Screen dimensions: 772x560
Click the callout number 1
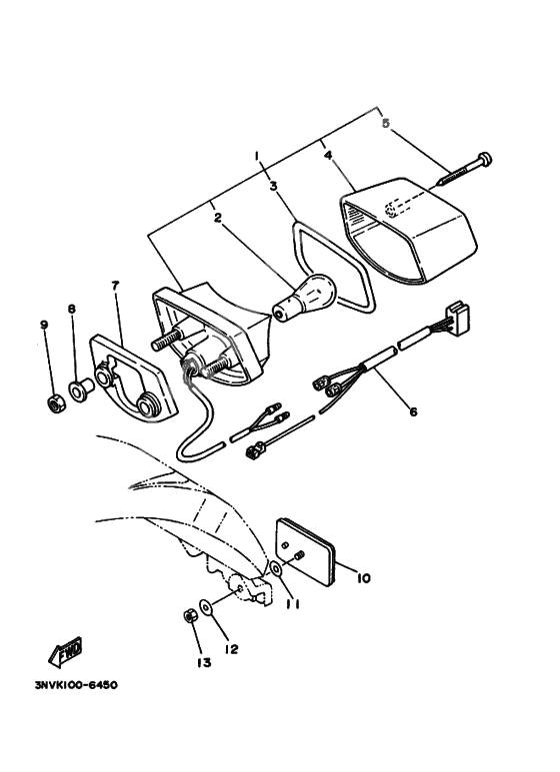pyautogui.click(x=257, y=156)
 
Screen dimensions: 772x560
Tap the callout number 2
pyautogui.click(x=217, y=217)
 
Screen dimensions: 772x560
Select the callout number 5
pyautogui.click(x=383, y=124)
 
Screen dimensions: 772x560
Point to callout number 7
pyautogui.click(x=115, y=286)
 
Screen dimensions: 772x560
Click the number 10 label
pyautogui.click(x=363, y=578)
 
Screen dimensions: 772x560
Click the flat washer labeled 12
pyautogui.click(x=204, y=605)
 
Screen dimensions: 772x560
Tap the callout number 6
pyautogui.click(x=412, y=410)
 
